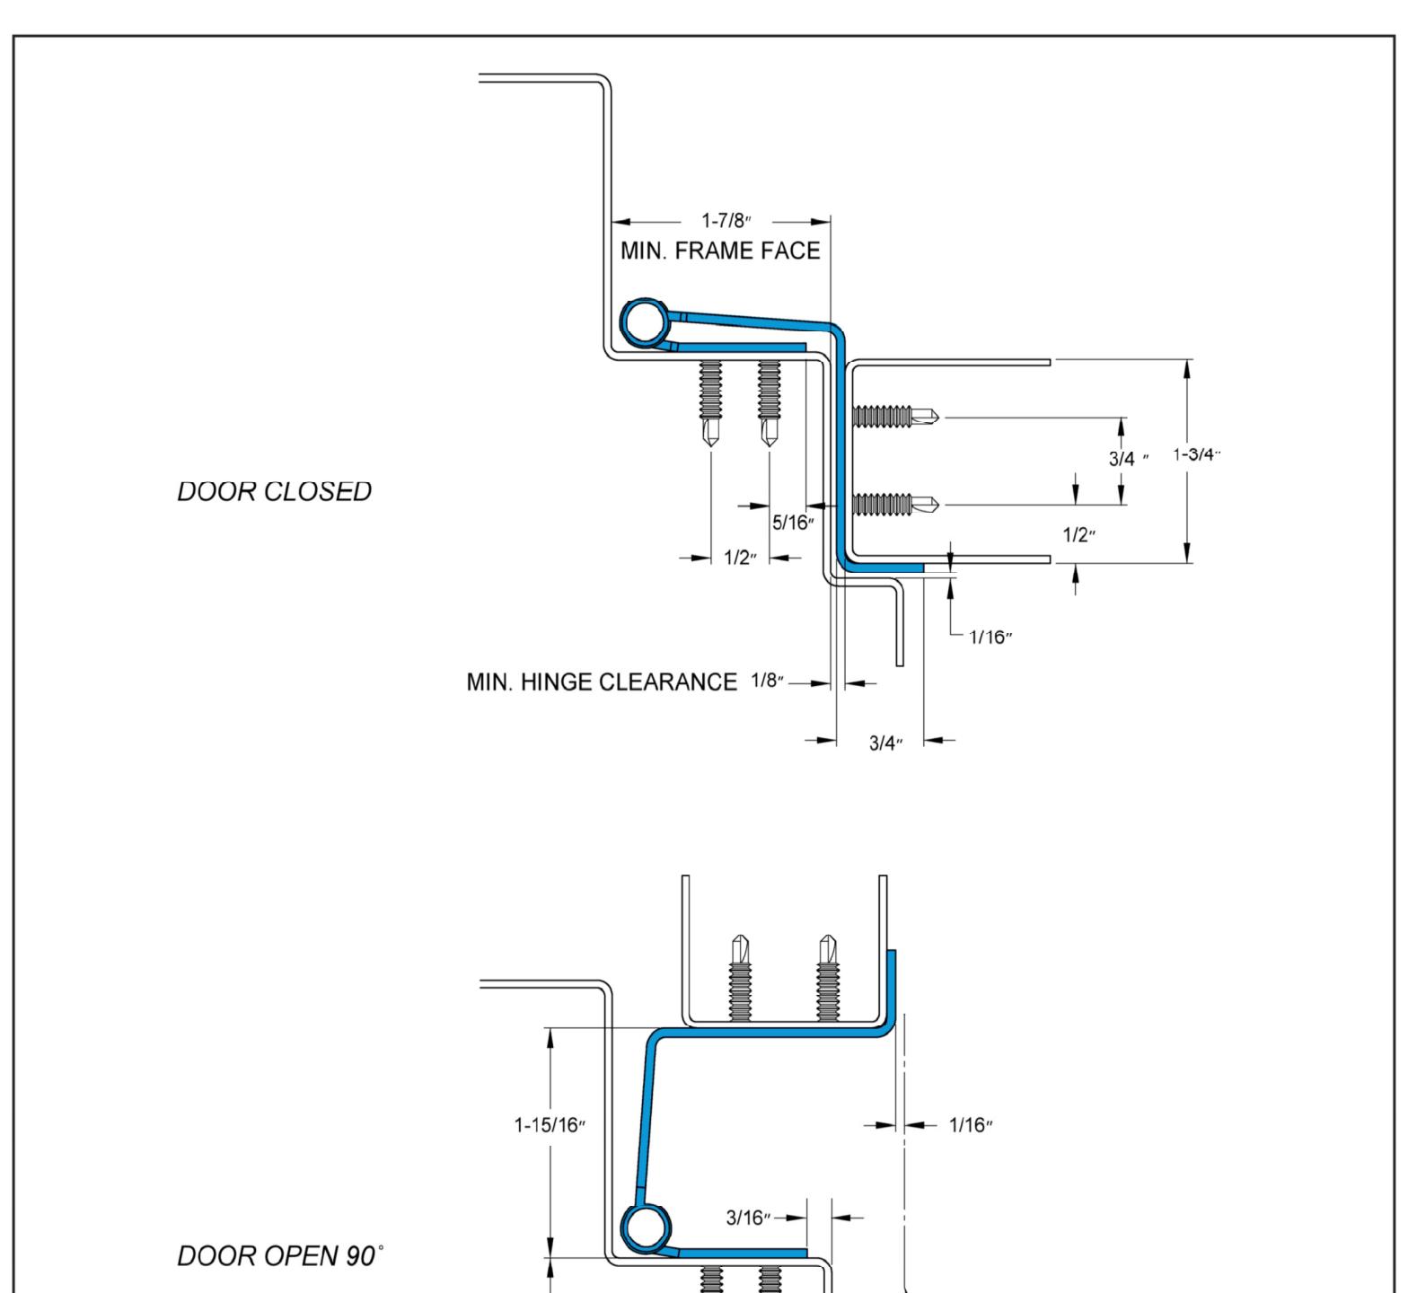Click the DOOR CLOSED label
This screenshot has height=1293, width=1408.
coord(274,491)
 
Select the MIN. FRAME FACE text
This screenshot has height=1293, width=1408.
coord(720,251)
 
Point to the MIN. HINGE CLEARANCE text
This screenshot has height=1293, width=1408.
coord(602,682)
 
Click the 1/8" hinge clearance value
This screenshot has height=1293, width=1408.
coord(766,682)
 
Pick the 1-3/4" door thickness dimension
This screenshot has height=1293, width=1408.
coord(1197,454)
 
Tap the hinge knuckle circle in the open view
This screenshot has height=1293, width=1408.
coord(647,1229)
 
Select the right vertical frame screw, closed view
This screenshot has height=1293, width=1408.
coord(770,403)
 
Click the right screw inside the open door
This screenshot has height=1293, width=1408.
coord(829,978)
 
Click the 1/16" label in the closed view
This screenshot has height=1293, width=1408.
coord(991,638)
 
